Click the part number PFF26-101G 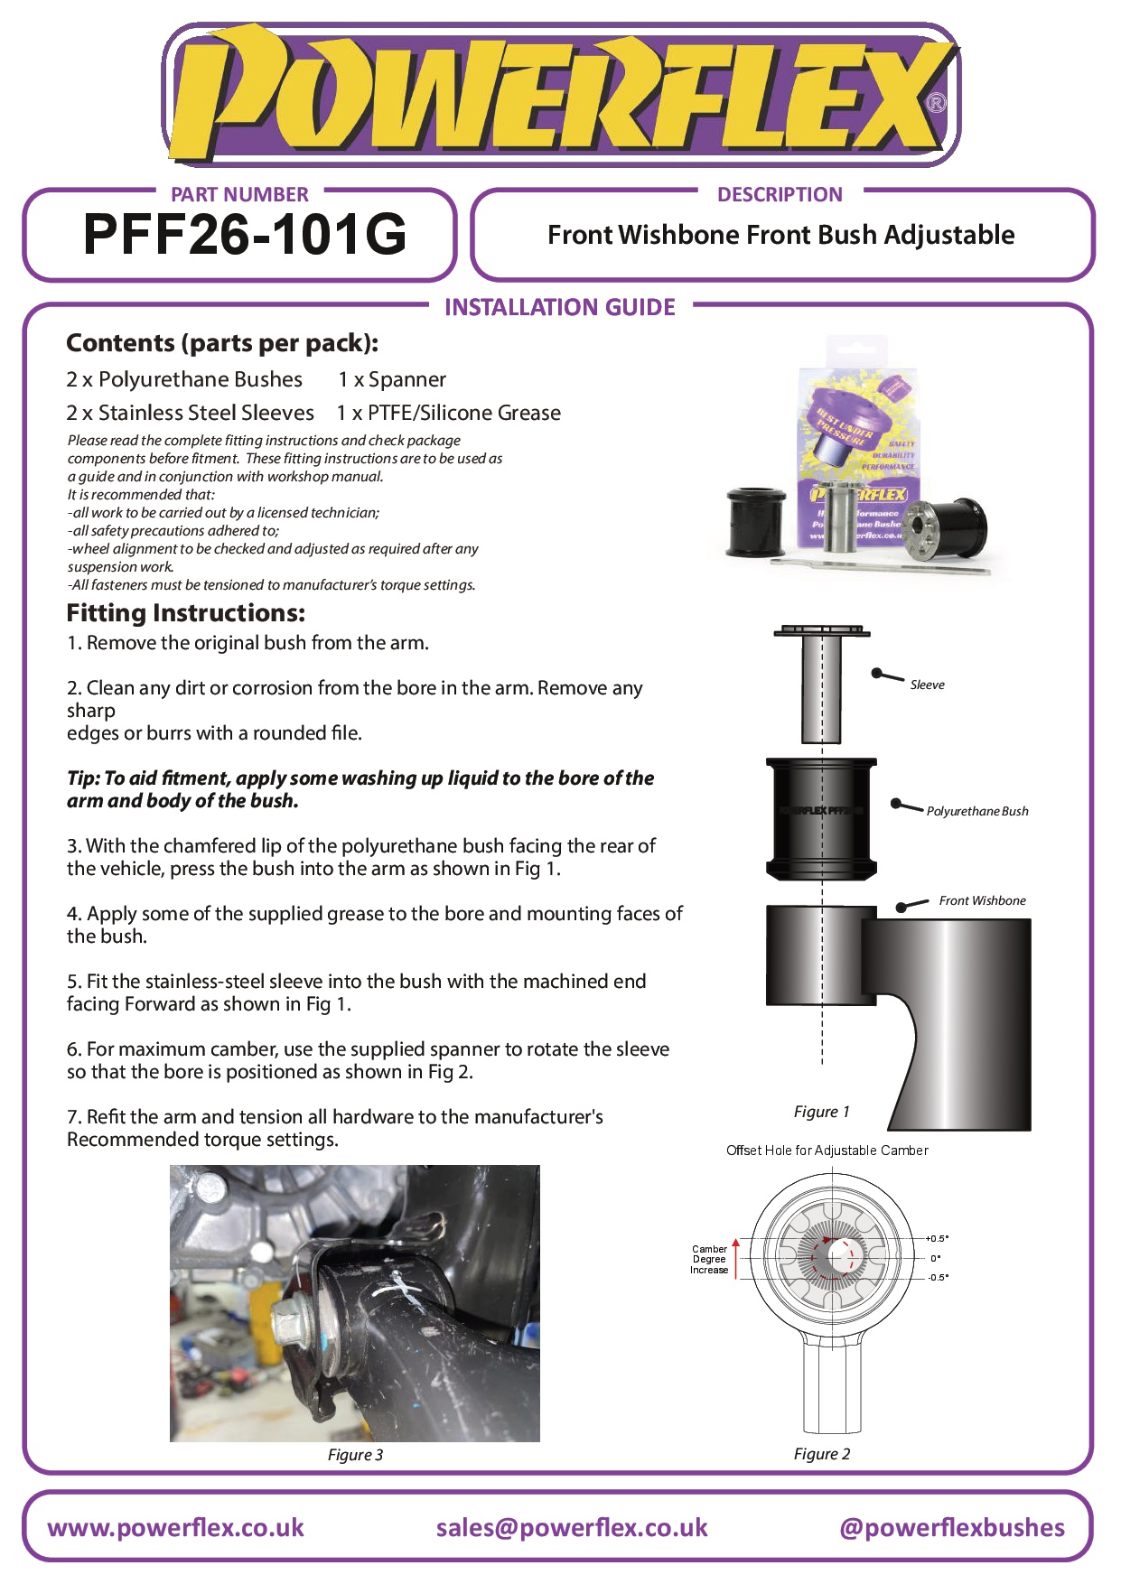coord(244,235)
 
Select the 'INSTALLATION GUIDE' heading coord(559,308)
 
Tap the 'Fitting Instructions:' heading coord(185,613)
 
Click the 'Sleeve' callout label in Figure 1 coord(927,685)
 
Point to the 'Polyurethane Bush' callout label coord(976,811)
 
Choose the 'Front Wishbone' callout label coord(982,900)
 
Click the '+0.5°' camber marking coord(938,1239)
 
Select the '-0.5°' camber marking coord(938,1278)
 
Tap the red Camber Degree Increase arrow coord(736,1257)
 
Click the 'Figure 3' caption coord(355,1455)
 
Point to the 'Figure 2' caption coord(821,1454)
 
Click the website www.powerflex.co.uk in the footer coord(175,1528)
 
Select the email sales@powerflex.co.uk coord(571,1528)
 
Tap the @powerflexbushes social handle coord(951,1528)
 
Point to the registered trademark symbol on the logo coord(937,103)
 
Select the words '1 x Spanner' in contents coord(392,380)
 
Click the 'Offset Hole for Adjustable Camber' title coord(827,1151)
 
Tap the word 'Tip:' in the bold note coord(84,778)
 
